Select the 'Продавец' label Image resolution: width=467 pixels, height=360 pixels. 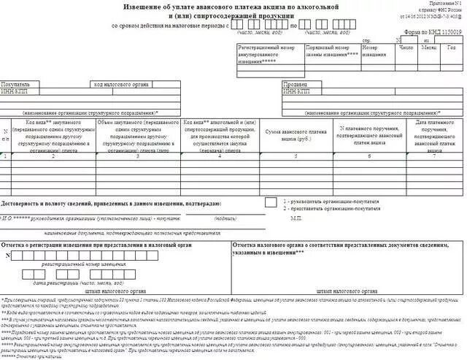[x=295, y=84]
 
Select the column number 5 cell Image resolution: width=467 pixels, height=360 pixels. [x=294, y=156]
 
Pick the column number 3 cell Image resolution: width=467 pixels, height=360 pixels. [x=137, y=156]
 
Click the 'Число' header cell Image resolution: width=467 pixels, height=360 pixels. [x=406, y=48]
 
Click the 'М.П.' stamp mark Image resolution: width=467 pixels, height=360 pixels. [x=296, y=218]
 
